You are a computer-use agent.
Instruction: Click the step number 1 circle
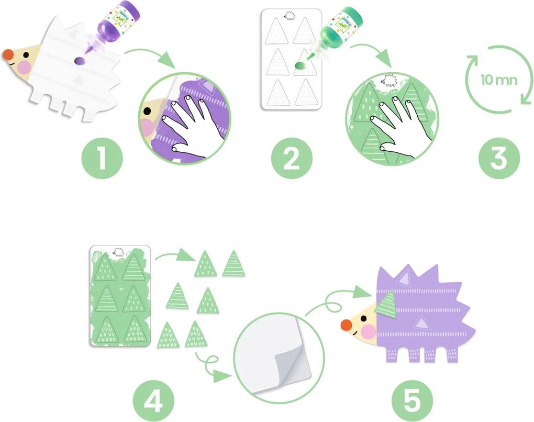coord(102,158)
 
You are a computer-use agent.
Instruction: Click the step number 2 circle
coord(291,158)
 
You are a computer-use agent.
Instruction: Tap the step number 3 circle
coord(499,158)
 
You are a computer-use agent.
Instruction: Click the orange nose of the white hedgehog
coord(8,54)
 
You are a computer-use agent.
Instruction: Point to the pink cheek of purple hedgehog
coord(369,331)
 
